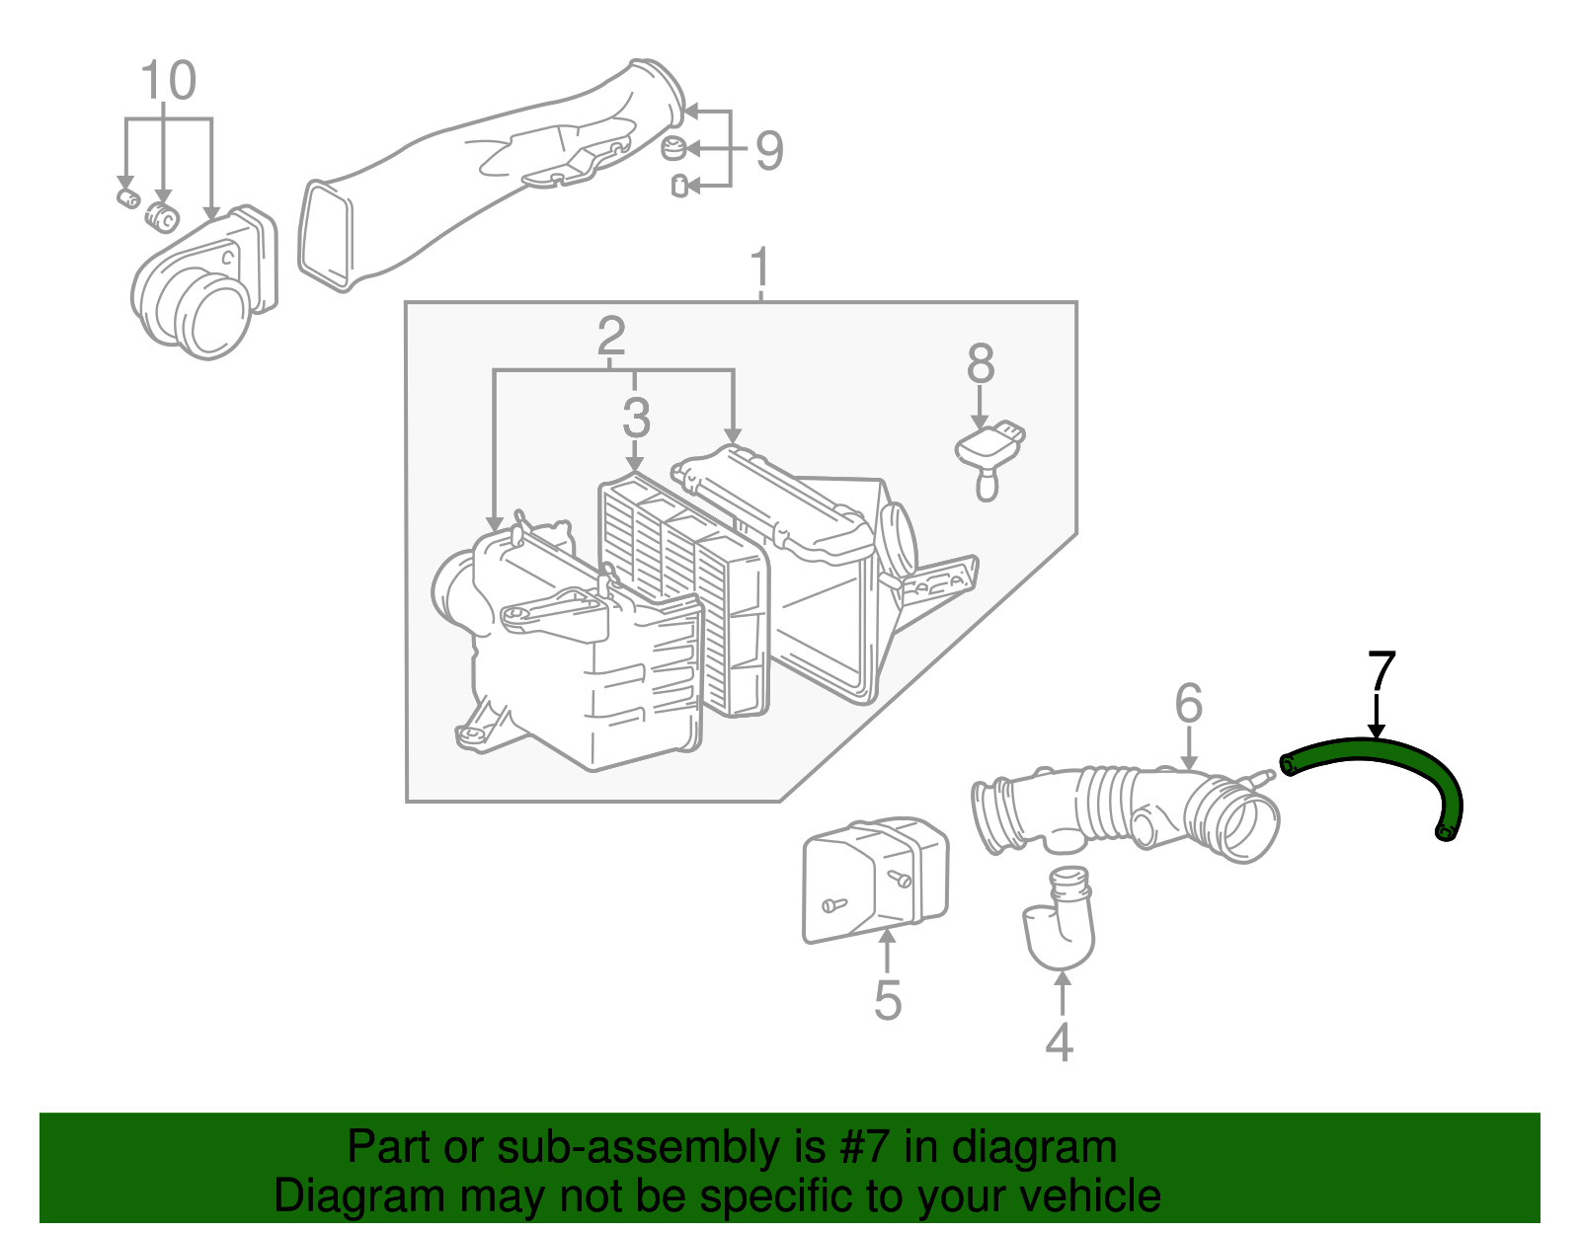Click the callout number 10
coord(169,81)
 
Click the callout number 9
coord(769,151)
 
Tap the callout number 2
coord(611,337)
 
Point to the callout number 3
coord(636,417)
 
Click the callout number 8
coord(980,363)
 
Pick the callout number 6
coord(1188,703)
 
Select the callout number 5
coord(888,1000)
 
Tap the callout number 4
coord(1059,1042)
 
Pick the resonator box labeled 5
coord(874,879)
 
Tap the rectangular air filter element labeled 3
coord(681,592)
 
